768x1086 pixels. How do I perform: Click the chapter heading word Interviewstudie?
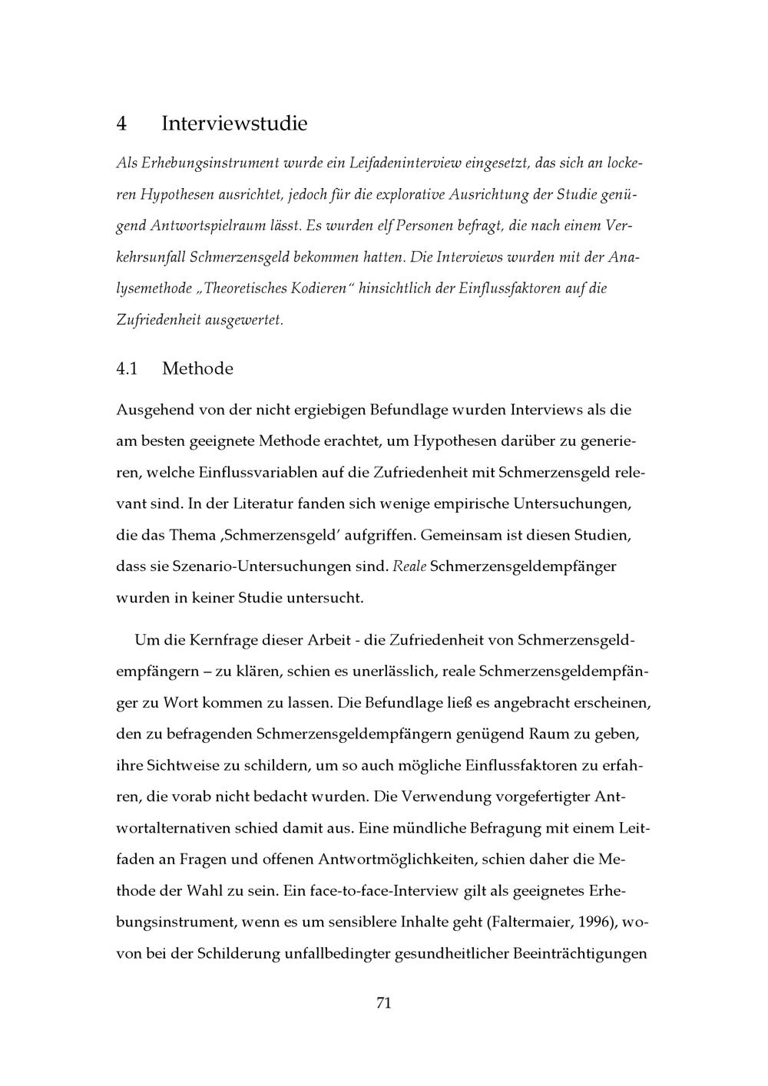[x=234, y=124]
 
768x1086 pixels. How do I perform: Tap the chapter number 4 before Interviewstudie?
[x=121, y=124]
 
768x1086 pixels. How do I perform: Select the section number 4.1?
[x=127, y=369]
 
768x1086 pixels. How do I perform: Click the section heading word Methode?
[x=197, y=369]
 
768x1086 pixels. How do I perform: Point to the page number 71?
[x=384, y=1003]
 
